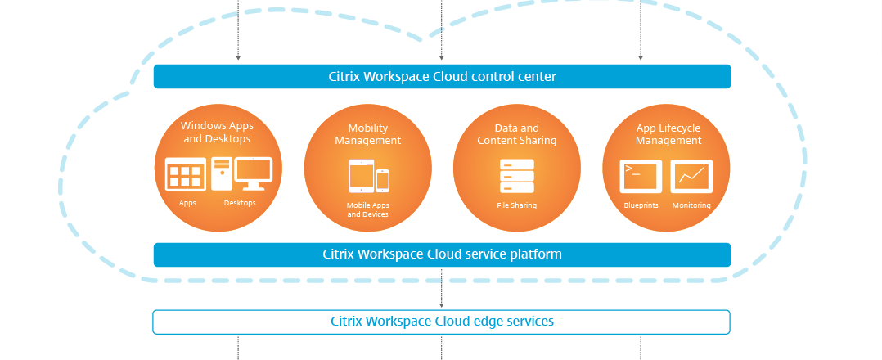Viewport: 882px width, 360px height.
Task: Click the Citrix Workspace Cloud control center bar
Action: coord(442,77)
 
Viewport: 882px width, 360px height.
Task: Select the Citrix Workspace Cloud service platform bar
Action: coord(442,254)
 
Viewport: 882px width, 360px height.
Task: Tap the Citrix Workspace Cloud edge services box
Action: coord(442,322)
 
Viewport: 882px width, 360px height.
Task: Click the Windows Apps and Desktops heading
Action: coord(217,133)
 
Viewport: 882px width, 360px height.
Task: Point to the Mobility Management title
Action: coord(367,134)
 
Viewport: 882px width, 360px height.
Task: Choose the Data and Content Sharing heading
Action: coord(516,134)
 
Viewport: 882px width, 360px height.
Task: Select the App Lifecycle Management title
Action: coord(668,134)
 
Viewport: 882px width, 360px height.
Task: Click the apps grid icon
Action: coord(184,175)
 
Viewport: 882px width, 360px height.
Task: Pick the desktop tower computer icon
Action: coord(222,174)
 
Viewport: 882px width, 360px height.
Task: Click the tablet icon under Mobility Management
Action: coord(360,176)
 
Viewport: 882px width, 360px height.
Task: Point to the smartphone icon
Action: coord(382,180)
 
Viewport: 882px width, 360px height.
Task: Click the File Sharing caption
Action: coord(516,205)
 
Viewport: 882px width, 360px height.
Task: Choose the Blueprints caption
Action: coord(641,205)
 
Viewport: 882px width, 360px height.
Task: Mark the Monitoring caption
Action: coord(691,205)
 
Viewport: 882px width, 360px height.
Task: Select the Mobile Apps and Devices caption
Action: coord(367,210)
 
